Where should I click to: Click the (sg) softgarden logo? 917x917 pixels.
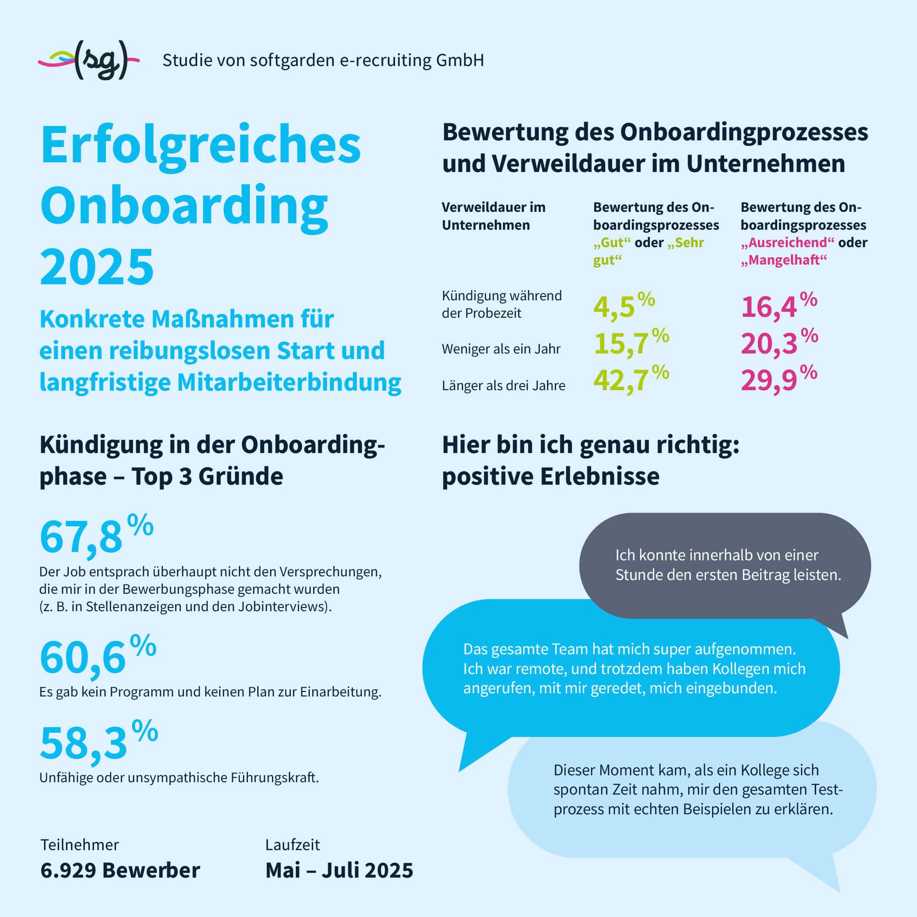[89, 60]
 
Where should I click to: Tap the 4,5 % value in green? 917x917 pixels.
[623, 306]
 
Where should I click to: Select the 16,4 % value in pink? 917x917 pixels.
[779, 306]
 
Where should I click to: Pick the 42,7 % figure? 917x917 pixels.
[630, 380]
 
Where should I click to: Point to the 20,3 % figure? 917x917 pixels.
[779, 343]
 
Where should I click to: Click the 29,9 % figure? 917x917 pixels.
[779, 380]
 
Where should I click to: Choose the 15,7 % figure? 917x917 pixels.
[630, 343]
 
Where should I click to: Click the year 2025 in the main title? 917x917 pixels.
[97, 266]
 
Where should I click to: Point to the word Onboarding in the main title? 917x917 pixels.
[184, 206]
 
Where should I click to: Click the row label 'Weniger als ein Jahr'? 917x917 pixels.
[501, 349]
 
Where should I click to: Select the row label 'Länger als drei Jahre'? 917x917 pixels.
[503, 386]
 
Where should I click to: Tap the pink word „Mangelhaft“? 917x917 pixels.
[784, 260]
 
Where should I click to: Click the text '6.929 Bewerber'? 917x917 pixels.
[120, 870]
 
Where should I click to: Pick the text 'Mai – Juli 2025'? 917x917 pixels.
[339, 870]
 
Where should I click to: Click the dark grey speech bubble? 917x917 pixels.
[725, 565]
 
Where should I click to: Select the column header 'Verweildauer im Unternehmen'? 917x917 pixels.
[493, 216]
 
